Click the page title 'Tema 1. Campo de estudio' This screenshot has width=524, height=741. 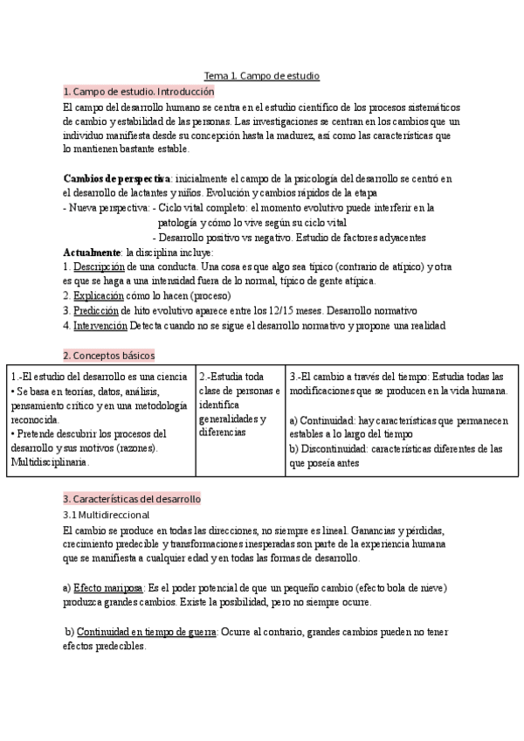261,76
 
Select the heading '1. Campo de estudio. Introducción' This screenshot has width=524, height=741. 138,91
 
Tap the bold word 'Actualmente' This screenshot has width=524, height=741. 91,252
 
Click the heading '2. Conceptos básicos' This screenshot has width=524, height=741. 108,355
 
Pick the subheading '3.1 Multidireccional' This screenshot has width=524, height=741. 106,516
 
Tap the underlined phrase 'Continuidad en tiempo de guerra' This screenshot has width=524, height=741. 146,632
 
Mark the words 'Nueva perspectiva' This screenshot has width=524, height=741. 108,208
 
